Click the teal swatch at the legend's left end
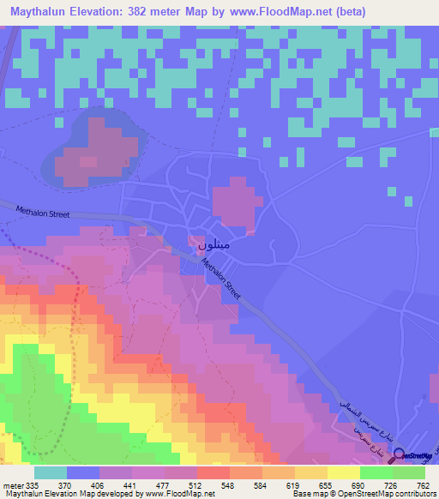click(x=50, y=472)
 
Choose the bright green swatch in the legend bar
click(x=376, y=472)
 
